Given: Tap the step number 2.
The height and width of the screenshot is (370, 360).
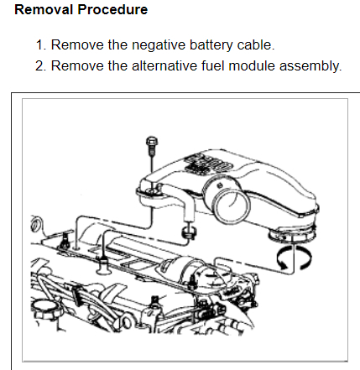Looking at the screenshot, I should tap(40, 65).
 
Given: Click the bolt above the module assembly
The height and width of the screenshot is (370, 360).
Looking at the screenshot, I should tap(151, 144).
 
